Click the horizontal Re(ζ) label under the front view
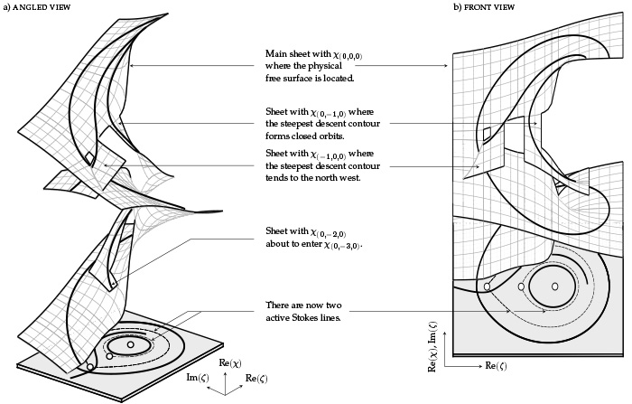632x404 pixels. (494, 366)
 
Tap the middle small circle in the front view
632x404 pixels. (521, 287)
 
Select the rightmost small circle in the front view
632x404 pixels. (554, 287)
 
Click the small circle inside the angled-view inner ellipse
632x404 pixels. (131, 344)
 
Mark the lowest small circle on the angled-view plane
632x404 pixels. (89, 368)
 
